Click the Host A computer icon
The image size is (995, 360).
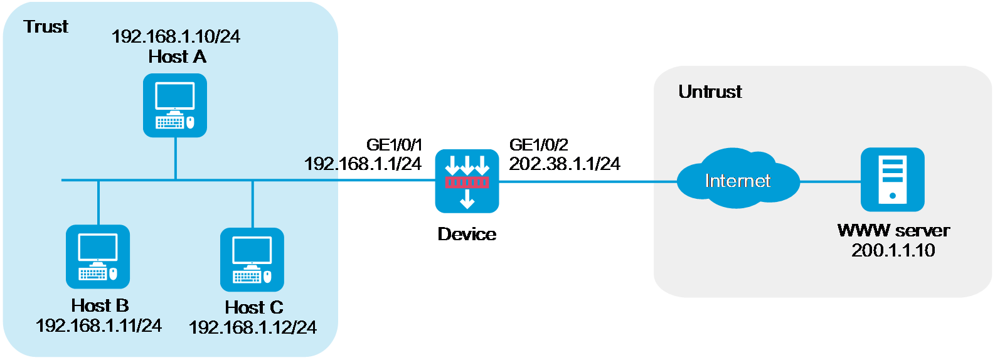174,105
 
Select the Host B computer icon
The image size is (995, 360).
98,257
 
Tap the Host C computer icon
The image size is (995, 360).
252,260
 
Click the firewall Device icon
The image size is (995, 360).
467,181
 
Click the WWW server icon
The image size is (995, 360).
892,179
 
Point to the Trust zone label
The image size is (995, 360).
46,26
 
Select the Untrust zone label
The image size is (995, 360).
710,92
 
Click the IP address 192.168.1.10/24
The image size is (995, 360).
176,36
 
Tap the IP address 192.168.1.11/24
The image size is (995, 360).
98,326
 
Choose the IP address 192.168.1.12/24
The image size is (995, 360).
253,327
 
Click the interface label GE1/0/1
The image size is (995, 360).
394,145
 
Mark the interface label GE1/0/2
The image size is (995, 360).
538,145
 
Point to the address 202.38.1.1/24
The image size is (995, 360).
565,164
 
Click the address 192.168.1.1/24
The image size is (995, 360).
363,164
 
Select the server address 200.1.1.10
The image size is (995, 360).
893,250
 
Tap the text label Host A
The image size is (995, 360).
178,57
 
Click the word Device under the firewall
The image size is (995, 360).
467,234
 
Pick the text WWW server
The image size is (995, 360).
893,231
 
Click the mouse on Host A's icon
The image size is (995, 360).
190,122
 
